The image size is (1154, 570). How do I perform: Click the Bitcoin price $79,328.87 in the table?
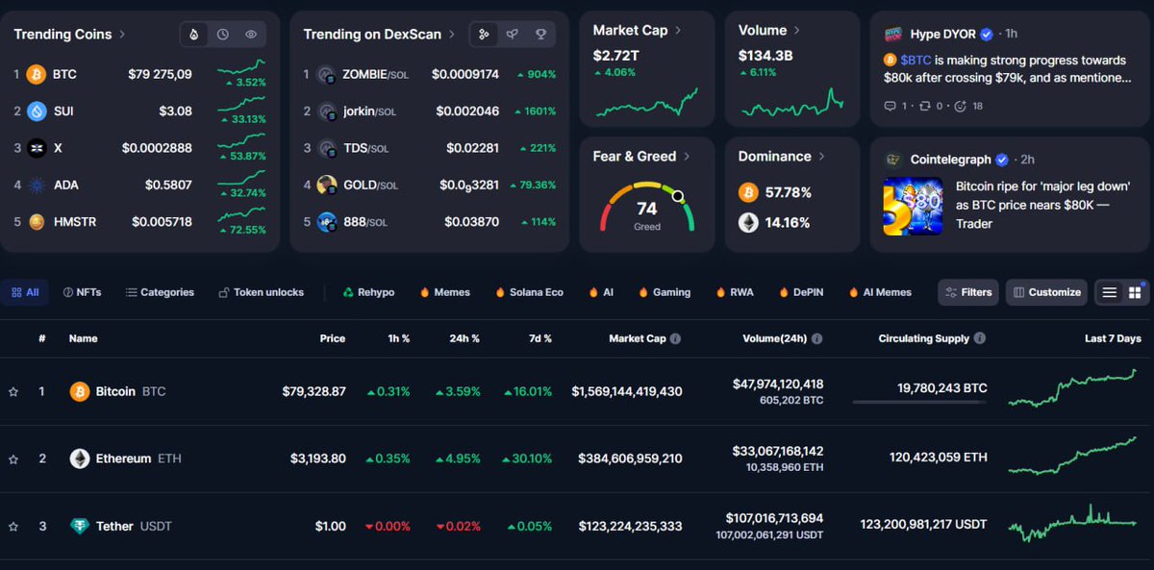pos(314,392)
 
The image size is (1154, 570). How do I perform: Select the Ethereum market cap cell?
pos(630,458)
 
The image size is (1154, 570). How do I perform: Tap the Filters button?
pos(968,292)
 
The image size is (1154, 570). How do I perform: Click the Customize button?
pos(1046,292)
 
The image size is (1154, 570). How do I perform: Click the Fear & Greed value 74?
pos(647,209)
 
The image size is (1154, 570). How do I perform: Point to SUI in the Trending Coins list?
pos(63,112)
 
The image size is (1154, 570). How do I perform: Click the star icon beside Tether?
pos(13,527)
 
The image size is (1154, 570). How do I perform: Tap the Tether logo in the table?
pos(80,527)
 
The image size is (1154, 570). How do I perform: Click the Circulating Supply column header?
pos(924,338)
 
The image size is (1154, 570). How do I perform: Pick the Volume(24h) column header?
pos(775,338)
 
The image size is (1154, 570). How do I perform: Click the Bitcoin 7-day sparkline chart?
pos(1072,389)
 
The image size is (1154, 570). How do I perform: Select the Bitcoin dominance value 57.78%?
pos(788,193)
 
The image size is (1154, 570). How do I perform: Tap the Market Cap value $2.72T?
pos(616,56)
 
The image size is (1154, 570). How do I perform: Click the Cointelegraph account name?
pos(952,160)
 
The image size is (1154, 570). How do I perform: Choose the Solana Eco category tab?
pos(536,292)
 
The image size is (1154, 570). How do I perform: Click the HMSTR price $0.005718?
pos(162,222)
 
